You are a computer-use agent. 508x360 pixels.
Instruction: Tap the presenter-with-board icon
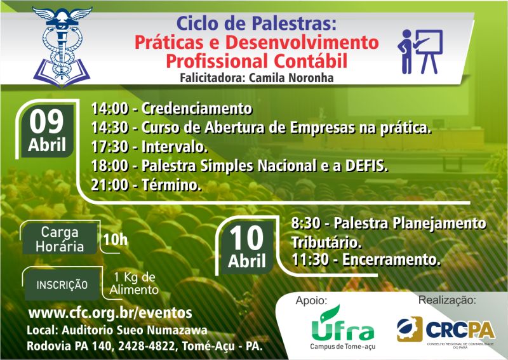point(420,51)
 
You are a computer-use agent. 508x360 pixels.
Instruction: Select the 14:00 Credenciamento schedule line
point(171,109)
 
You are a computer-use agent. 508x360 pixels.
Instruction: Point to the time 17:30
point(109,147)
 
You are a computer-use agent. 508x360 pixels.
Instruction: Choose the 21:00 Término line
point(146,185)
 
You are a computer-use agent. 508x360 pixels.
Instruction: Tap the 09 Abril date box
point(47,131)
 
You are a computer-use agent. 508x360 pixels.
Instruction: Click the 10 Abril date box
point(247,247)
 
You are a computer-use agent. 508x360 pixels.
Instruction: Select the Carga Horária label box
point(60,239)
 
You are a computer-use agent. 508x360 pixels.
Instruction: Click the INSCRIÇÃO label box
point(62,285)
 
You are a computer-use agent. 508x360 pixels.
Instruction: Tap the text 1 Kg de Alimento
point(134,283)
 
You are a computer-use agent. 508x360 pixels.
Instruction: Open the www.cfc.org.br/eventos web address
point(110,313)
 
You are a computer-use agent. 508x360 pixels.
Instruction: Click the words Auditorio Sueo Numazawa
point(135,330)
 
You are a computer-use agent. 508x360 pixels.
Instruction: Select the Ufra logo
point(343,327)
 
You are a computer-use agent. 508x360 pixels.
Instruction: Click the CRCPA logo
point(446,331)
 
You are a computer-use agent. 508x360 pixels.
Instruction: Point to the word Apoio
point(311,301)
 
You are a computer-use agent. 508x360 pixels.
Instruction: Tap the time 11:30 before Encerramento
point(310,260)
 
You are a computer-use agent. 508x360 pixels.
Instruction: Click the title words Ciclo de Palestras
point(257,23)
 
